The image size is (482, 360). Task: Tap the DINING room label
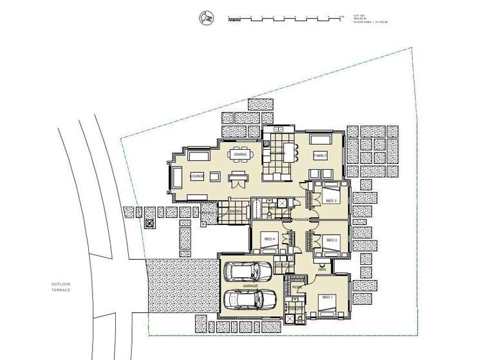[240, 155]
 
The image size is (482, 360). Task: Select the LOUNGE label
[197, 175]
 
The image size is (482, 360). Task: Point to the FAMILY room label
[320, 156]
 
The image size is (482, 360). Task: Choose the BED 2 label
[332, 240]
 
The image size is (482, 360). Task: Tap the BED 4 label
[268, 240]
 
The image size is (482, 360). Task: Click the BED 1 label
[328, 297]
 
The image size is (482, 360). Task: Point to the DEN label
[321, 269]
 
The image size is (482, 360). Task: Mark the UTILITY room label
[281, 264]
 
